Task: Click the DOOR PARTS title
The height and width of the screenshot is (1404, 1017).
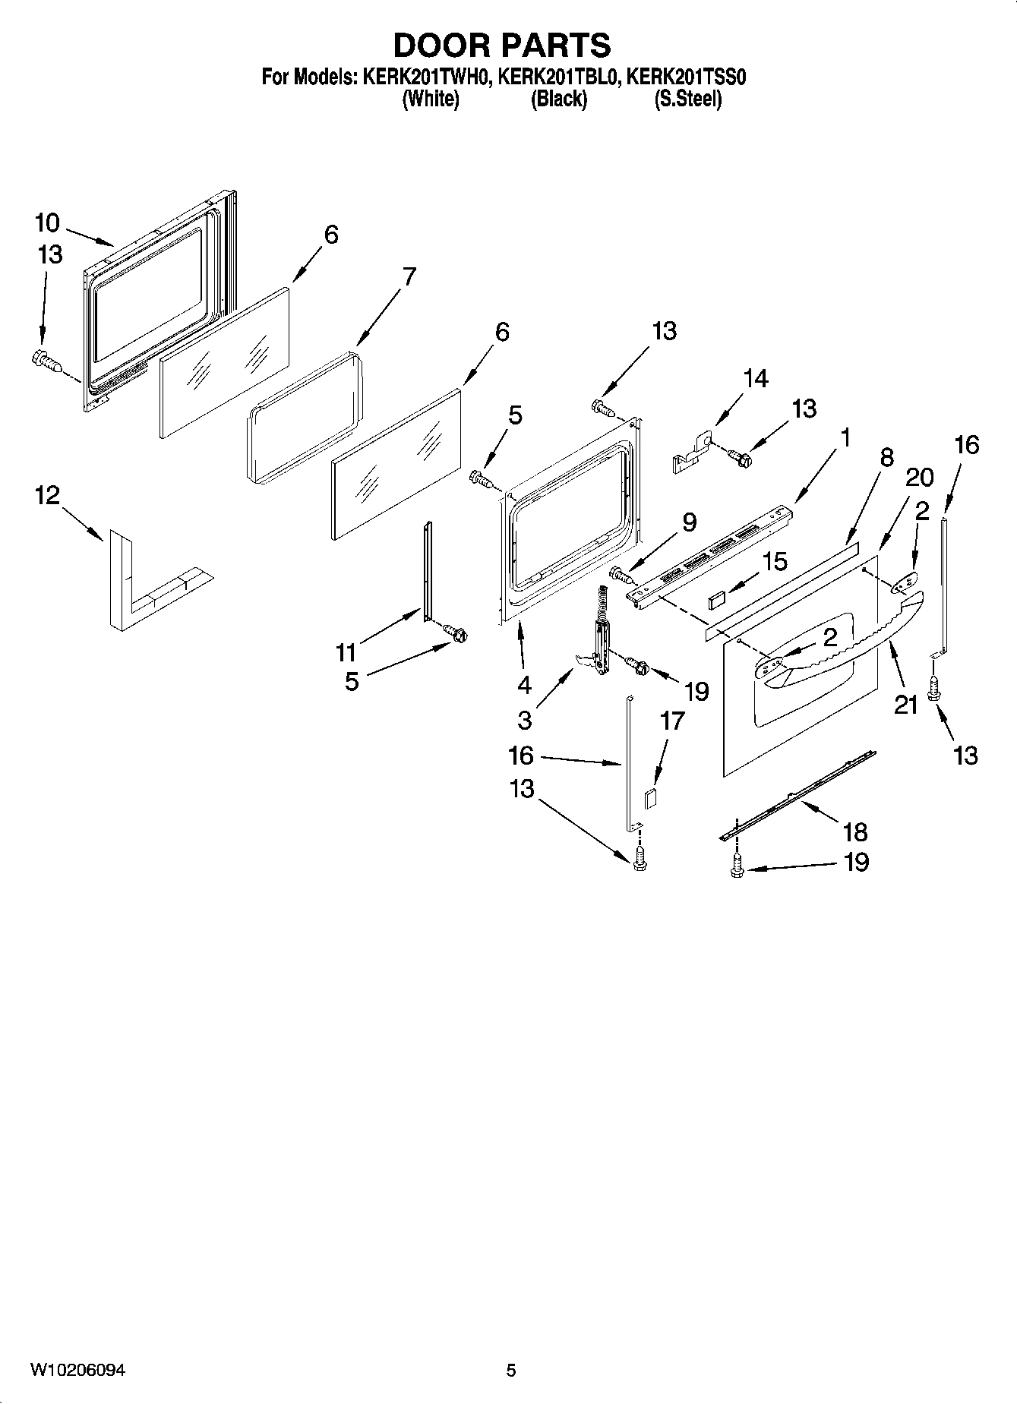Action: [502, 46]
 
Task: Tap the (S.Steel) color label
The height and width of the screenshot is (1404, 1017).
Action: [687, 99]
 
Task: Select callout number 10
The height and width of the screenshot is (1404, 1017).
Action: [46, 222]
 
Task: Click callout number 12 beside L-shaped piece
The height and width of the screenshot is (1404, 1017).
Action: [46, 496]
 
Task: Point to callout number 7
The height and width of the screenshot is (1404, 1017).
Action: [409, 276]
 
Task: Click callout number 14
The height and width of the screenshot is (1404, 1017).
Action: [755, 378]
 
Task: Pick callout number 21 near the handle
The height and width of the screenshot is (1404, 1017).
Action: [905, 705]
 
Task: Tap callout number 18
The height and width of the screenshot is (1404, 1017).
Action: [855, 831]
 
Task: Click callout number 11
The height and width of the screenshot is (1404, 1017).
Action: [346, 652]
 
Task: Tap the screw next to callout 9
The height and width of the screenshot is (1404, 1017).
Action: [621, 576]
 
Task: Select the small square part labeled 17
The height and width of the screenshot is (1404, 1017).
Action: [650, 799]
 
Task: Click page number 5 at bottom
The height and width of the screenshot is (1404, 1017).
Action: [510, 1370]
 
